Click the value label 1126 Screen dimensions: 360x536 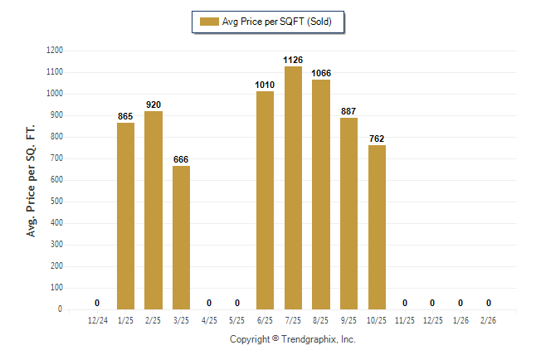(293, 60)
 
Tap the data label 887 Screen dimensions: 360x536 (348, 111)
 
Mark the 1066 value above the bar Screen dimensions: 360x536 (321, 73)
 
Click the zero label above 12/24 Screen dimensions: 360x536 (97, 303)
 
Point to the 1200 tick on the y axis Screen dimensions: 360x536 (54, 51)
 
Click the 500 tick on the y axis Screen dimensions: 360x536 (56, 202)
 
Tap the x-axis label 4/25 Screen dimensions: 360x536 (209, 319)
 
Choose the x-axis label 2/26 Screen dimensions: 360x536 (489, 319)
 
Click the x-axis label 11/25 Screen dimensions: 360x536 (405, 319)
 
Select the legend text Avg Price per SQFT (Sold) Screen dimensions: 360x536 (276, 22)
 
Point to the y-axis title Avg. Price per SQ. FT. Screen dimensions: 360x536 (32, 180)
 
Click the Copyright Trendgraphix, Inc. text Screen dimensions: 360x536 (292, 339)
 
